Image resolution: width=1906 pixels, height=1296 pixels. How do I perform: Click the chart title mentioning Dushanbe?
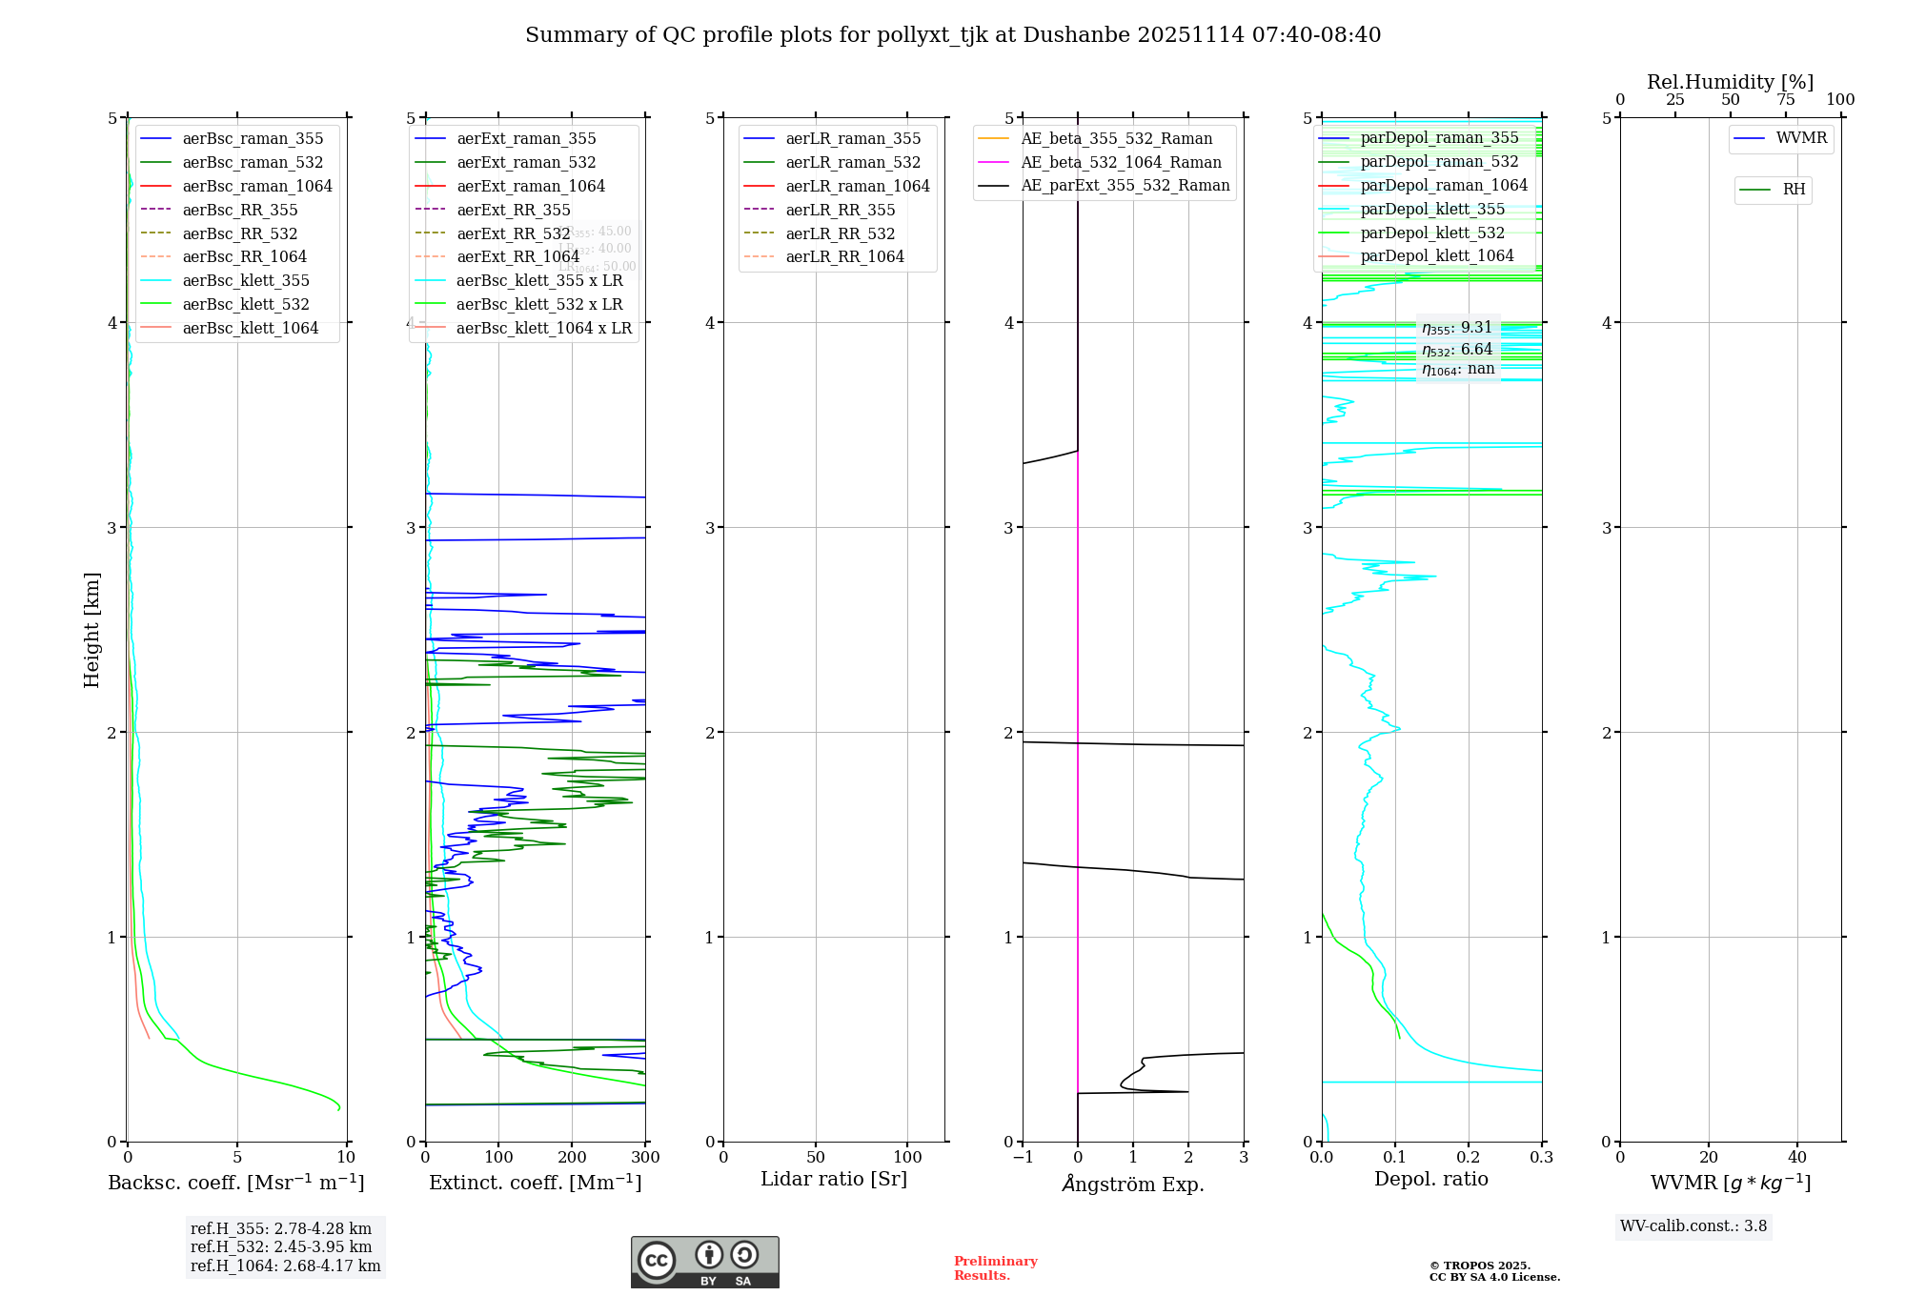coord(953,35)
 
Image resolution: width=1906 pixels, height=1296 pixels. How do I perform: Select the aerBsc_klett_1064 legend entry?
coord(250,328)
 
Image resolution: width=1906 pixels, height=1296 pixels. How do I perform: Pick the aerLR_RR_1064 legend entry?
coord(844,256)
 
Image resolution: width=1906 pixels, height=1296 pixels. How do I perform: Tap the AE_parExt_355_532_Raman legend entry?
coord(1125,185)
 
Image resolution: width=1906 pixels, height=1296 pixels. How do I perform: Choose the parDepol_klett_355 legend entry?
coord(1432,209)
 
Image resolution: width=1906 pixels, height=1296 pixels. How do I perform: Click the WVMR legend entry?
coord(1801,138)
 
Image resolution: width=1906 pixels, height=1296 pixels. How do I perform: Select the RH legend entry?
coord(1794,190)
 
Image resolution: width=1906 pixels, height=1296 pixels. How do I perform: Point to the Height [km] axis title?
coord(91,629)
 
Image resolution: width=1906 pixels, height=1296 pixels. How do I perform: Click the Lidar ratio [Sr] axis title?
coord(834,1179)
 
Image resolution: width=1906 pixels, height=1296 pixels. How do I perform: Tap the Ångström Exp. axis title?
coord(1133,1184)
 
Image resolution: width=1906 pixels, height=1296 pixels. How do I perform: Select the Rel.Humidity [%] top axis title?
coord(1730,82)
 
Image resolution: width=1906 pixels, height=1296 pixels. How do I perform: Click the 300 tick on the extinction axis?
coord(645,1157)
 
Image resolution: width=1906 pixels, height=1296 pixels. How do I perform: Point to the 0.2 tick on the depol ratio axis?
coord(1469,1157)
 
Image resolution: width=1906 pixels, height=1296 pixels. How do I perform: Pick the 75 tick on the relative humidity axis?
coord(1786,99)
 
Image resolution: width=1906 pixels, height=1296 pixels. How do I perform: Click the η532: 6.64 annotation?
coord(1457,350)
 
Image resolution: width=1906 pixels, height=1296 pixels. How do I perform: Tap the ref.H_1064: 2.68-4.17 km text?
coord(285,1266)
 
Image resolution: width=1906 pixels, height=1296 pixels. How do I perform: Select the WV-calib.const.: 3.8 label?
coord(1693,1225)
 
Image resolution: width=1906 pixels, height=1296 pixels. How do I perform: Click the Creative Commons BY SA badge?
coord(704,1263)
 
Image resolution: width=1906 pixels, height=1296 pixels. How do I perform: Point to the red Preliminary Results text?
coord(995,1267)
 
